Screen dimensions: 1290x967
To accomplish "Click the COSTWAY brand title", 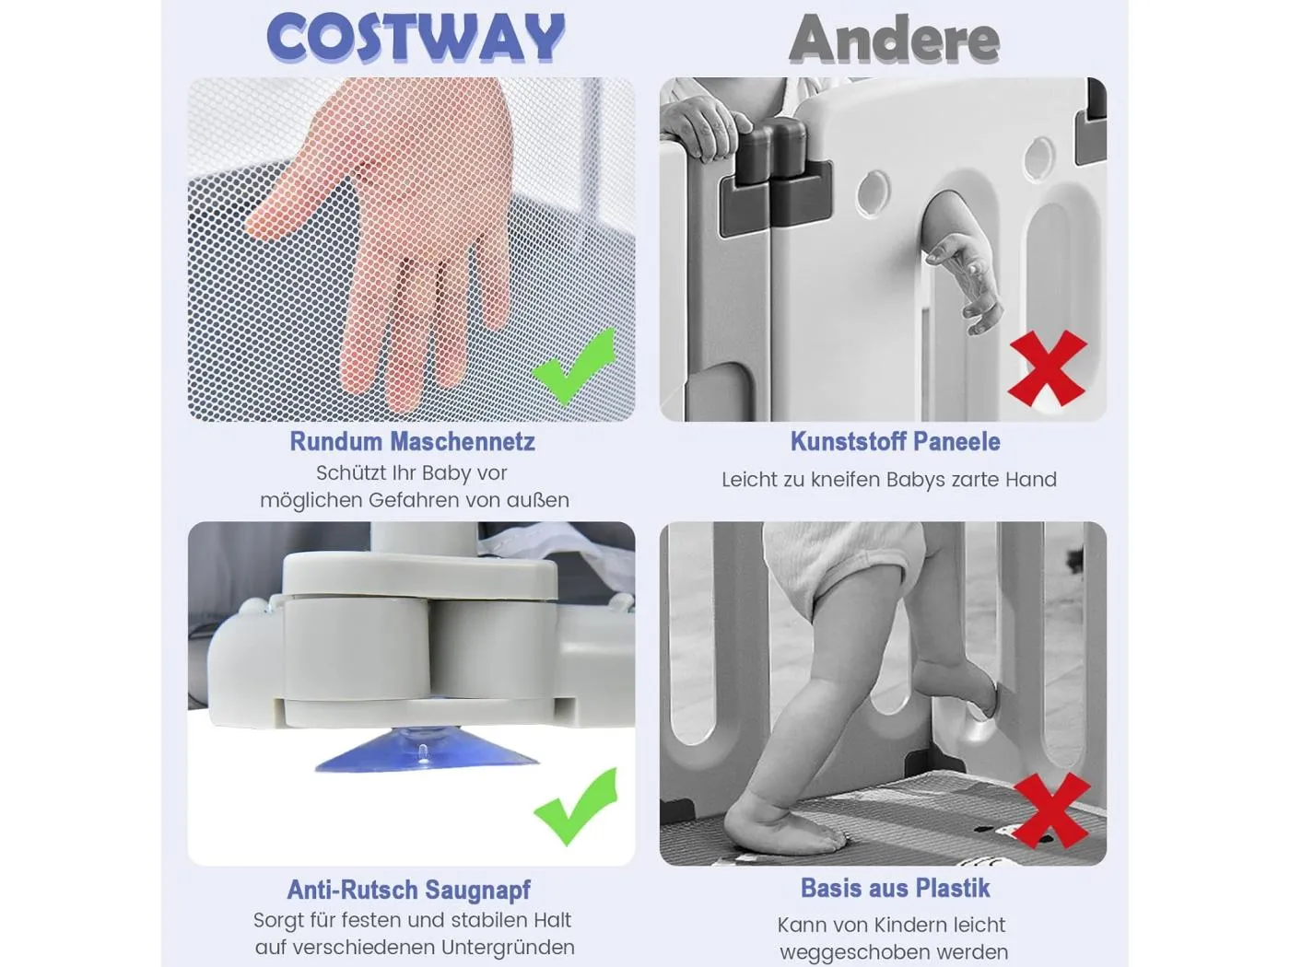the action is pos(416,37).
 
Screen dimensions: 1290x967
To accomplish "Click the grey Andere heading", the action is pos(894,39).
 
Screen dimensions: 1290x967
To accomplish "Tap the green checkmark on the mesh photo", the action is pos(574,367).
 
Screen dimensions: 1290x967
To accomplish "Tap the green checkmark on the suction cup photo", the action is pos(576,806).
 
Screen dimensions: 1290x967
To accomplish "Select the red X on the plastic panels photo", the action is pos(1048,368).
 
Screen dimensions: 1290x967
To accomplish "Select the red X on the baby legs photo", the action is pos(1050,810).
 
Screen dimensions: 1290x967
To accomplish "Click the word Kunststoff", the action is pos(844,441).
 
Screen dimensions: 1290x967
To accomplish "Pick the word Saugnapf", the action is pos(478,890).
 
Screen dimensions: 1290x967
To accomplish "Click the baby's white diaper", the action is pos(843,554).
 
